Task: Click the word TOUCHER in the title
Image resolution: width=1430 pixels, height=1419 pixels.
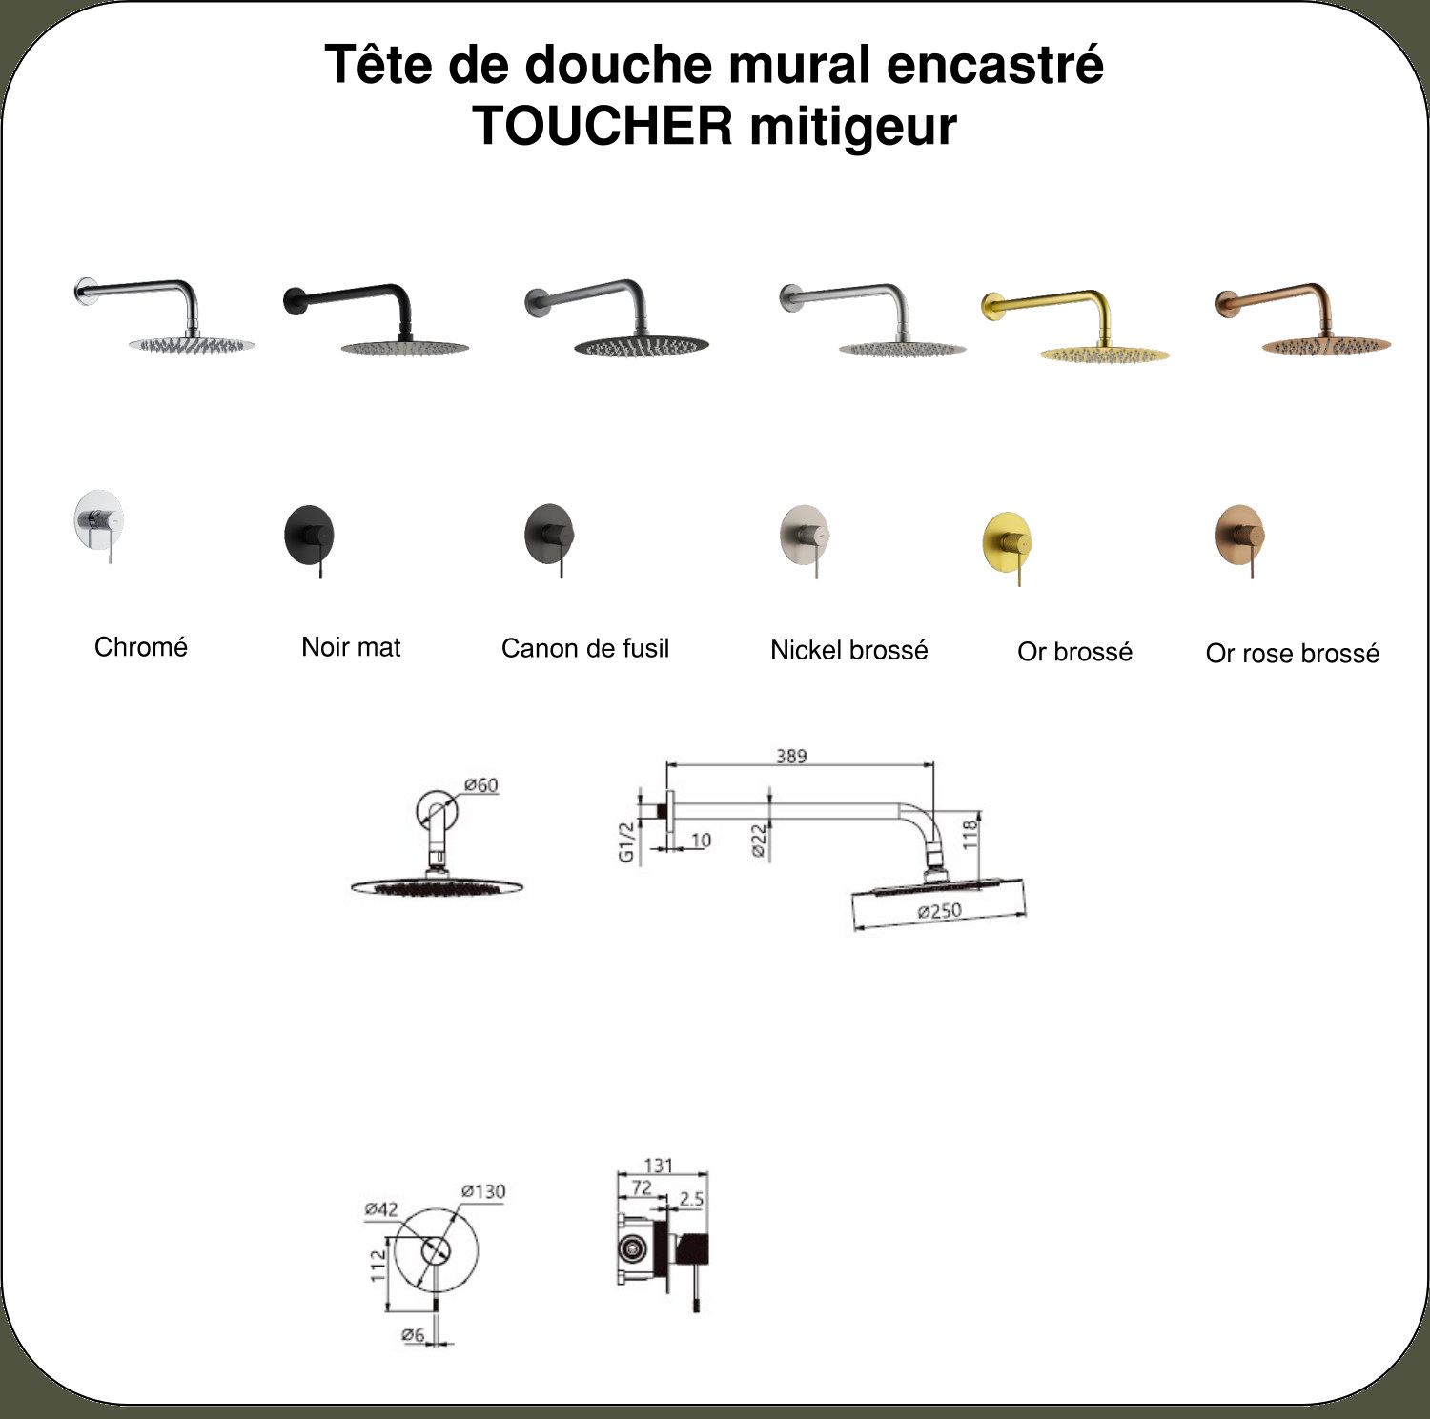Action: pos(603,126)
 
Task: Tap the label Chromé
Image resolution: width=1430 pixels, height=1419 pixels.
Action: pos(141,646)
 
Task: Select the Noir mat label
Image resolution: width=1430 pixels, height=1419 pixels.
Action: pos(351,647)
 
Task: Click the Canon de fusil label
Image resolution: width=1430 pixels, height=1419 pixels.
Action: pos(585,648)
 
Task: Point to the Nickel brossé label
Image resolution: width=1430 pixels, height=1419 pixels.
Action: pos(849,650)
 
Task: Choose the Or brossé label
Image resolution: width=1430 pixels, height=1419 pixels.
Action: pos(1074,652)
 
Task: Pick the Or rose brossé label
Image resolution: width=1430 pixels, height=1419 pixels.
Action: pos(1293,654)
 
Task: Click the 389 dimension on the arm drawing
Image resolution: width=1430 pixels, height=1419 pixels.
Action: pos(791,756)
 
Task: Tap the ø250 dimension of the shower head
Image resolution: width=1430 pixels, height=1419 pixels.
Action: pos(940,911)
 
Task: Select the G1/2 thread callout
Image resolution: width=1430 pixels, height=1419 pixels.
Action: pos(626,842)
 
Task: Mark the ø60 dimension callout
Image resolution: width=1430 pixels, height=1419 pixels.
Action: pos(481,785)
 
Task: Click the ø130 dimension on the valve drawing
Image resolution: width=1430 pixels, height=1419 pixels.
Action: pos(483,1191)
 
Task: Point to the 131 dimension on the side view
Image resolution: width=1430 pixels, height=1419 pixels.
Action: pos(659,1165)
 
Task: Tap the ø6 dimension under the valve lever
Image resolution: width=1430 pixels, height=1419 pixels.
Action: pos(413,1334)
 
